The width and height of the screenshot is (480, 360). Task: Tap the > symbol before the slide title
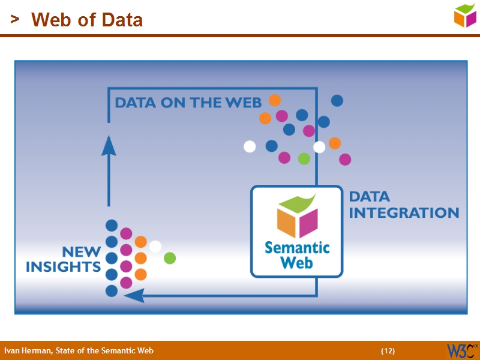click(x=14, y=20)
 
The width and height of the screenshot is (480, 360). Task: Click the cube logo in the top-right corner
click(x=465, y=15)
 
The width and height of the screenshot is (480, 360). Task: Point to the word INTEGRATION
click(x=404, y=213)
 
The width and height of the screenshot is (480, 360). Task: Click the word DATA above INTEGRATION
click(x=369, y=196)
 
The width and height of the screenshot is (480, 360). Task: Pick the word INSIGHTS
click(x=63, y=267)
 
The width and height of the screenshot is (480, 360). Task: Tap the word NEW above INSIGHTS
click(x=81, y=252)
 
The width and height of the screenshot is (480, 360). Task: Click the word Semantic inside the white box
click(x=297, y=247)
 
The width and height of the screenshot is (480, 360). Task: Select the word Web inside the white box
click(x=297, y=262)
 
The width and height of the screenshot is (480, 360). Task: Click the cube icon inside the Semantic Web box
click(x=297, y=216)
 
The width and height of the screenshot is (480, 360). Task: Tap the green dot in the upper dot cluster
click(x=304, y=159)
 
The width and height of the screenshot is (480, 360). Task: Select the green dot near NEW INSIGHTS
click(x=170, y=258)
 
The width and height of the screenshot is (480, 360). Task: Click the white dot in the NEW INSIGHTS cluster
click(x=155, y=246)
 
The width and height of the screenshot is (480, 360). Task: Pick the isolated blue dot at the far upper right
click(x=337, y=101)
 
